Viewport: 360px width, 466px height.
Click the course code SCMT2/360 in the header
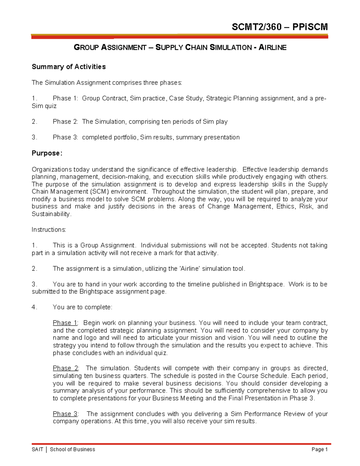tap(256, 27)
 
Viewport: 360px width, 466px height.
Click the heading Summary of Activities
tap(69, 67)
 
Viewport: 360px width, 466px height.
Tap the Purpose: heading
tap(47, 153)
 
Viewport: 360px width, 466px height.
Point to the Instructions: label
tap(49, 230)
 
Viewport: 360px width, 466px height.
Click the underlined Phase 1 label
tap(65, 323)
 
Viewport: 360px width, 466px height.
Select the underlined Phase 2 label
tap(65, 368)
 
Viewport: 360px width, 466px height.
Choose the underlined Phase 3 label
tap(65, 414)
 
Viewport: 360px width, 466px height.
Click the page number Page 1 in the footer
tap(319, 449)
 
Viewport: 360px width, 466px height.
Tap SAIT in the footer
tap(37, 449)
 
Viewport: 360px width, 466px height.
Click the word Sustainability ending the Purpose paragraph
tap(51, 214)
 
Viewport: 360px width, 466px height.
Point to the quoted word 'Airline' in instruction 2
tap(190, 269)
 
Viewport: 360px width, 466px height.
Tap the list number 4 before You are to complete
tap(34, 307)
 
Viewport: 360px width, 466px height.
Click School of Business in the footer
tap(72, 449)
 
